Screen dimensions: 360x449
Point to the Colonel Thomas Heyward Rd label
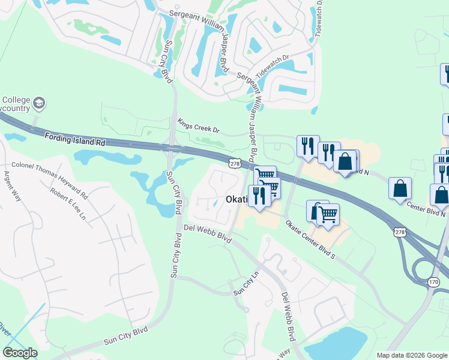point(50,179)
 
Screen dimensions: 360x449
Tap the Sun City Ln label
point(246,286)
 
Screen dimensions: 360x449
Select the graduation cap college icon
point(40,103)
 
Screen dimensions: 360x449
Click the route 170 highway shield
point(434,281)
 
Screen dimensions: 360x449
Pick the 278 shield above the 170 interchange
point(400,232)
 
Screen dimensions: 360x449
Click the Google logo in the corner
point(20,353)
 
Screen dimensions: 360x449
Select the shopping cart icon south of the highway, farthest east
point(328,214)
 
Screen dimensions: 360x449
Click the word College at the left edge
point(13,100)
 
